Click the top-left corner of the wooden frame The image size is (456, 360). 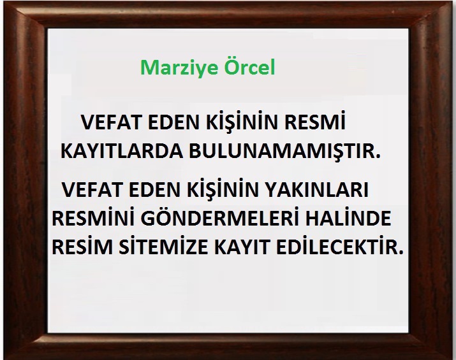tap(3, 2)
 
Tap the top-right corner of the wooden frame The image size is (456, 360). tap(453, 2)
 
